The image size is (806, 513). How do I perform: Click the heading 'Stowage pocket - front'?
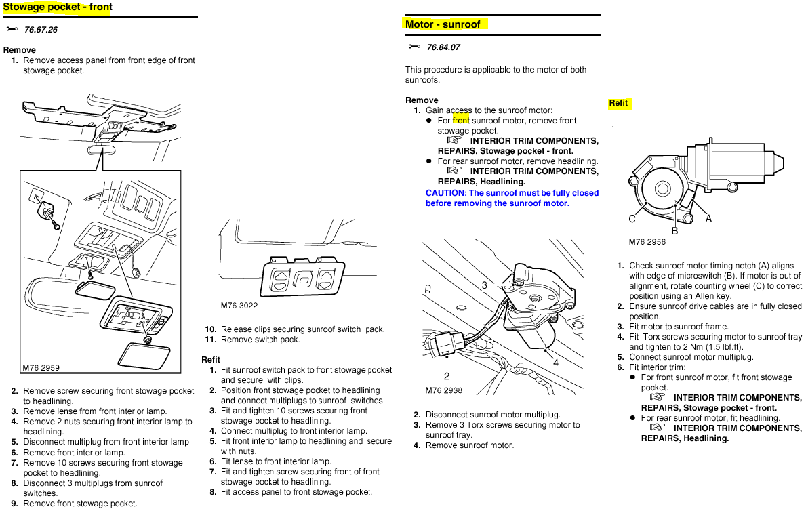point(58,7)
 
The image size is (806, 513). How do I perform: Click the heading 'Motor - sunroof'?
point(443,24)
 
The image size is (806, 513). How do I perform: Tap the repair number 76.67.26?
point(41,30)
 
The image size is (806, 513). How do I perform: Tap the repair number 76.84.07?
point(443,47)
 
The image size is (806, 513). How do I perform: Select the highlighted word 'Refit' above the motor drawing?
point(618,103)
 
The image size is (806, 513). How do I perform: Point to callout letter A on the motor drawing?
point(708,218)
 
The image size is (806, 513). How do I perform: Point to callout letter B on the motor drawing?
point(674,230)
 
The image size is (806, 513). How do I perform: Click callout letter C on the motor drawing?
point(632,218)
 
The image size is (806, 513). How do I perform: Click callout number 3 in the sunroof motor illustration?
point(485,285)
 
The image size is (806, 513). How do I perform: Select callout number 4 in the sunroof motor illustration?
point(555,363)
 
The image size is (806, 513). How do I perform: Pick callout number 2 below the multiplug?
point(447,376)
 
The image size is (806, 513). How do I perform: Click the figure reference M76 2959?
point(41,368)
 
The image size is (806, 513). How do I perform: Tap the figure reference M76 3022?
point(239,306)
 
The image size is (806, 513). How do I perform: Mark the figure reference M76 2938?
point(444,390)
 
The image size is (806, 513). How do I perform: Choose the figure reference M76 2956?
point(647,242)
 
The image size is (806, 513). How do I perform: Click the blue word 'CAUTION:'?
point(446,193)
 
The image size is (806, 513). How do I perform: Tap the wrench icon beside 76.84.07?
point(415,47)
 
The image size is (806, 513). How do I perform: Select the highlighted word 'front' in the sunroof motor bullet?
point(461,121)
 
